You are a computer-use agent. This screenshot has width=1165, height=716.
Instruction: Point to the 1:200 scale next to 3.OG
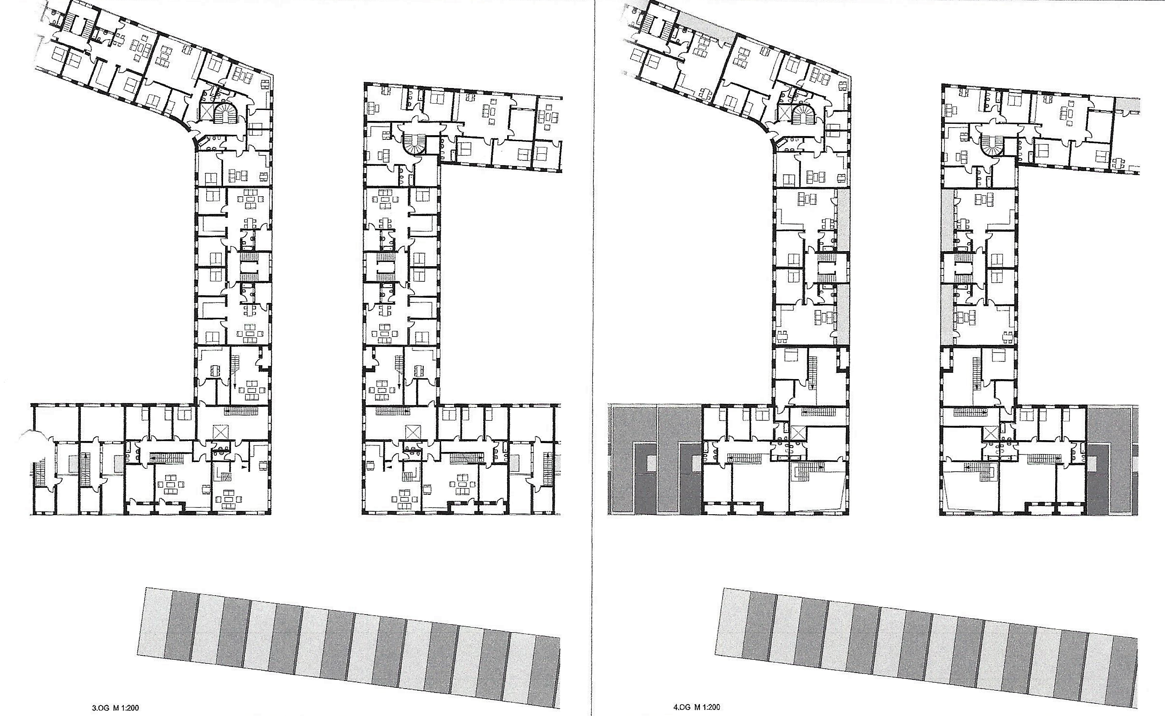pyautogui.click(x=130, y=708)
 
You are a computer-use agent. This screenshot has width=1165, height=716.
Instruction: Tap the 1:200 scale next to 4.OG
pyautogui.click(x=711, y=708)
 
